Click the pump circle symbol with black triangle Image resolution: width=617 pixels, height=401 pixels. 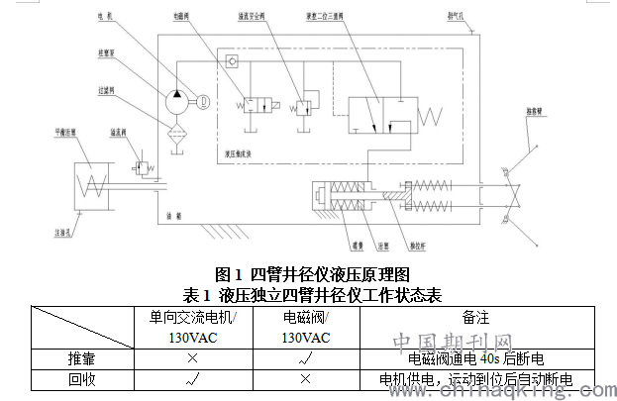[x=177, y=101]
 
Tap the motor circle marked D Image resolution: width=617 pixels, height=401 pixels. [x=203, y=101]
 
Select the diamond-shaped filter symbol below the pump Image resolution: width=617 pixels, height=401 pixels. [x=178, y=133]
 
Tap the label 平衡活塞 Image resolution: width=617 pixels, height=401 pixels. [x=66, y=132]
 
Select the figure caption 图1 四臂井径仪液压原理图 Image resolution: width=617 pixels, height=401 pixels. [x=312, y=273]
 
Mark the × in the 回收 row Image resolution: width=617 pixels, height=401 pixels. [x=305, y=379]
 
